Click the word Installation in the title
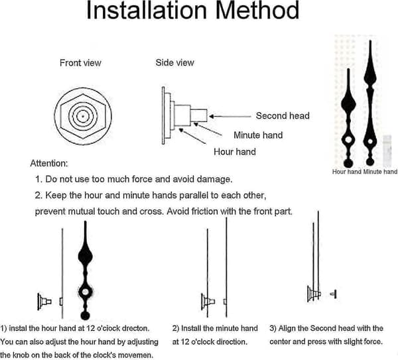[x=147, y=10]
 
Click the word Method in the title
[x=257, y=10]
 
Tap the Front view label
[x=80, y=63]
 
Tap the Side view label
[x=175, y=63]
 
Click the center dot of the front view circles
[x=83, y=117]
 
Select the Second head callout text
[x=283, y=115]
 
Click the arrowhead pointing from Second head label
[x=212, y=117]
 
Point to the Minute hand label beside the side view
[x=258, y=135]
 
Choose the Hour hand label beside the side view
[x=235, y=152]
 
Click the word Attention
[x=48, y=163]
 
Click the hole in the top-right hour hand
[x=348, y=139]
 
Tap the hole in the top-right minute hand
[x=370, y=141]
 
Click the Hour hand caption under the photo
[x=347, y=172]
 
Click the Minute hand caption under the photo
[x=380, y=172]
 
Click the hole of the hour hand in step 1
[x=86, y=292]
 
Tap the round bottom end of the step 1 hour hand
[x=85, y=316]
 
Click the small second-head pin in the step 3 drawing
[x=334, y=294]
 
